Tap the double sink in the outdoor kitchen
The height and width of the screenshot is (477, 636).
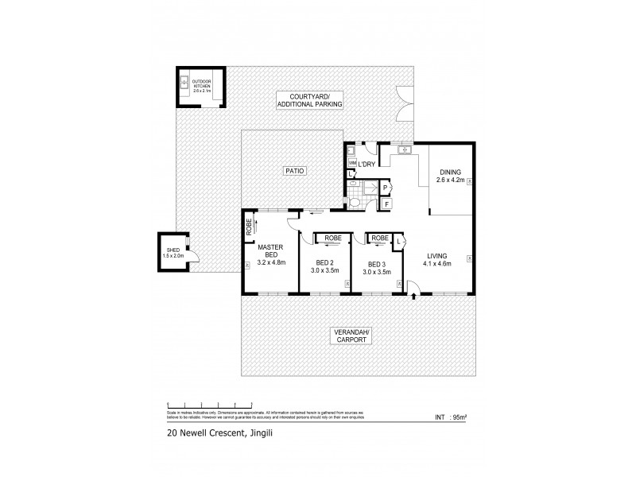(x=184, y=82)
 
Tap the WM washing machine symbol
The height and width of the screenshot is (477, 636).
(x=352, y=164)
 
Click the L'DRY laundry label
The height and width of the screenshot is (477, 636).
(x=367, y=165)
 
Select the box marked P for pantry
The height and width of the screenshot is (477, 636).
(x=386, y=188)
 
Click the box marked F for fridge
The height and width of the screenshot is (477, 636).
(x=386, y=204)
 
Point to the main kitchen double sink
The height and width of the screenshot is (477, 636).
(x=403, y=149)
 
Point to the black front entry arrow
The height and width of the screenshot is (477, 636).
(x=414, y=297)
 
